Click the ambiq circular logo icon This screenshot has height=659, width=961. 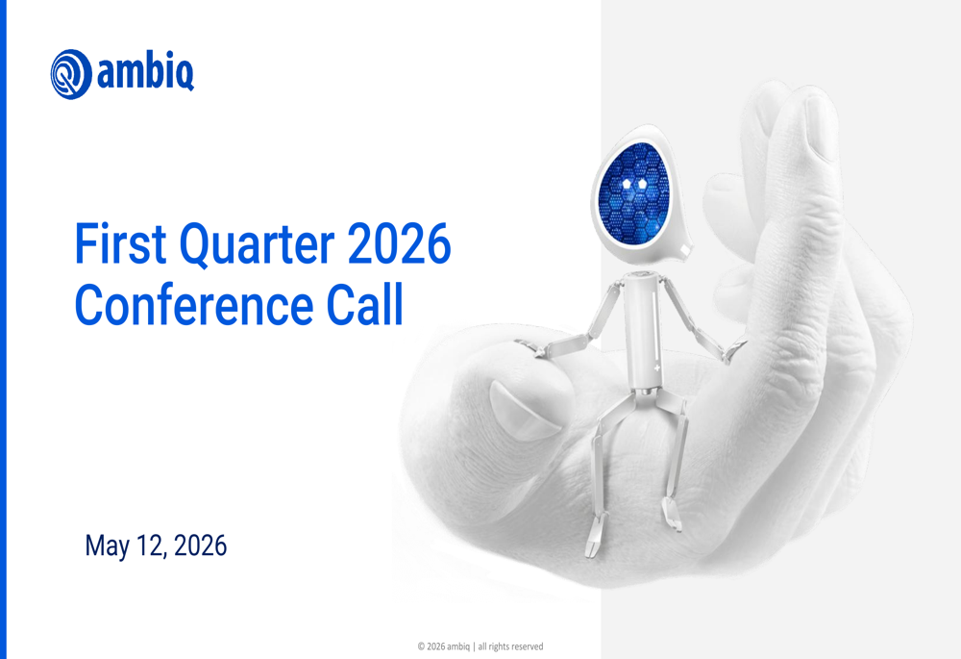[71, 74]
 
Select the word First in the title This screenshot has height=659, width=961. [120, 243]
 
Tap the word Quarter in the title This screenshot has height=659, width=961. [257, 245]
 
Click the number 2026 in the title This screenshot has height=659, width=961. [399, 243]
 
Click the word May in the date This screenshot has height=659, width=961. [107, 546]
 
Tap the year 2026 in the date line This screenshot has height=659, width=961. [201, 545]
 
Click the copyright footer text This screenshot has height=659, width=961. [480, 646]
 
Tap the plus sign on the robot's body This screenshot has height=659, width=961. [656, 368]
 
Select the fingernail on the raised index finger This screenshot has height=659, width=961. [820, 128]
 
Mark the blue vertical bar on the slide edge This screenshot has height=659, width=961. [3, 329]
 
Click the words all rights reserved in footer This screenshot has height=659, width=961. [510, 646]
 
